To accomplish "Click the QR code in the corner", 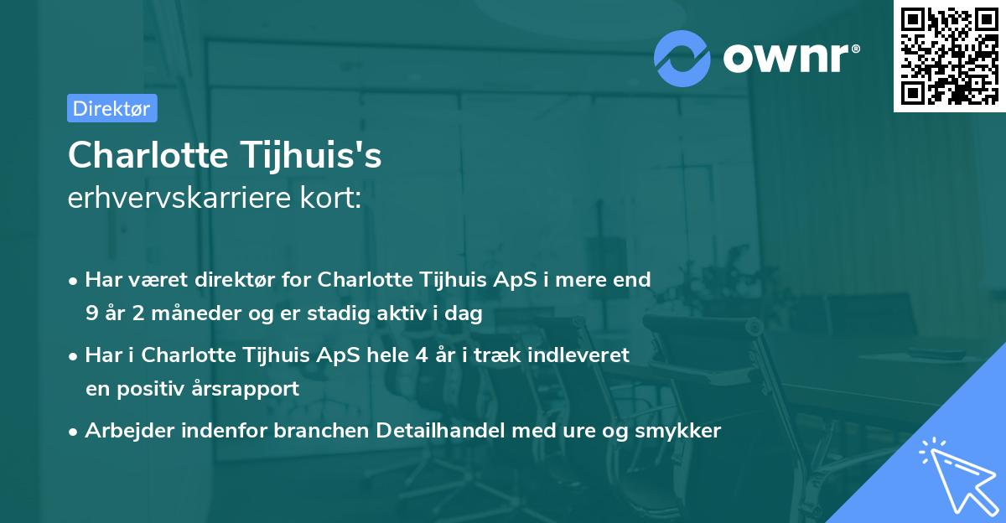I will (949, 55).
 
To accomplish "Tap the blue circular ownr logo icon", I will (682, 58).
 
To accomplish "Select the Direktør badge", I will (111, 108).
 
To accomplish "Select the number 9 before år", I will (91, 314).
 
